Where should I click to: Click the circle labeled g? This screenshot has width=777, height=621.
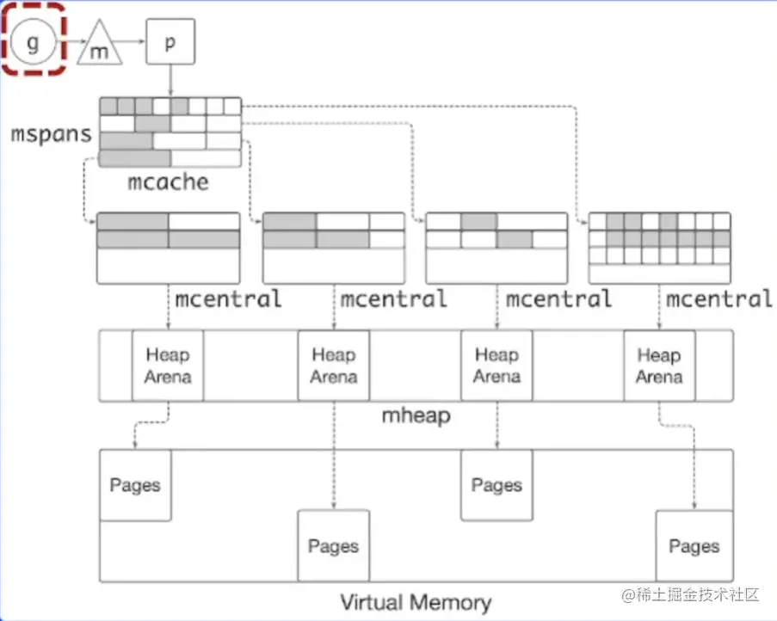pos(34,41)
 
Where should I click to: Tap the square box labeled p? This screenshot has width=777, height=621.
pos(170,41)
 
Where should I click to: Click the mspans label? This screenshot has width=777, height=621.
pos(51,135)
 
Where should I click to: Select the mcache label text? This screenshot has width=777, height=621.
pos(168,182)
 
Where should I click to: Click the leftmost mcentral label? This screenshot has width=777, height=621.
pos(228,299)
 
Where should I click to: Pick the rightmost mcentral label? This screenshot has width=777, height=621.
pos(719,299)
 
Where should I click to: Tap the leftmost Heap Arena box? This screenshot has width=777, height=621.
pos(168,366)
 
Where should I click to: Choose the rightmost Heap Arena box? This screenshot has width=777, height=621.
pos(659,366)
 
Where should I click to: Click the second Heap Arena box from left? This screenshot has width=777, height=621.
pos(334,366)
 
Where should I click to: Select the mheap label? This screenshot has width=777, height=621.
pos(416,416)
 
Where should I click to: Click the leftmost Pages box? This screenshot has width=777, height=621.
pos(135,485)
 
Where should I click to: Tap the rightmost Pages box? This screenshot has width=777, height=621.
pos(694,546)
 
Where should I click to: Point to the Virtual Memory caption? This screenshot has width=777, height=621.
pos(416,602)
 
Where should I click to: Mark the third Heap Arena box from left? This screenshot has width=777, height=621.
pos(496,366)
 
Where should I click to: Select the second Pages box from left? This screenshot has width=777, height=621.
pos(333,546)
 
